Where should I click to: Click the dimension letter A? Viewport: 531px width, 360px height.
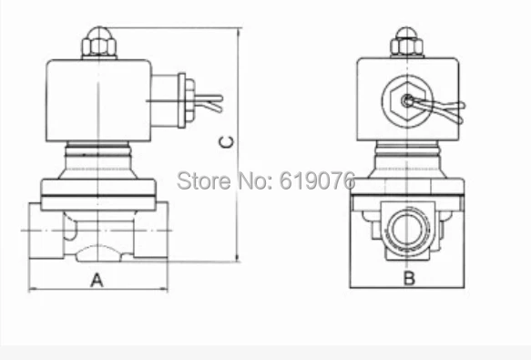[97, 280]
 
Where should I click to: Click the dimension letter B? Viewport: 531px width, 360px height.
[409, 278]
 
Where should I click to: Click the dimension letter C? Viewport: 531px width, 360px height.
[227, 142]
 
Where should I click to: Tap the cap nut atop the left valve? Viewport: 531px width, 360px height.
[99, 43]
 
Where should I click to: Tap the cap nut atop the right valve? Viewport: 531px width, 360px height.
[407, 43]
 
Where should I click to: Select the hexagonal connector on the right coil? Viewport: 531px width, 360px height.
[407, 100]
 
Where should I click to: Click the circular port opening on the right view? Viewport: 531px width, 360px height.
[408, 228]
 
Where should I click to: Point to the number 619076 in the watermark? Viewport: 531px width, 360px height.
[317, 180]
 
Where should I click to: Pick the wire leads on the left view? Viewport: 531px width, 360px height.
[209, 102]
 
